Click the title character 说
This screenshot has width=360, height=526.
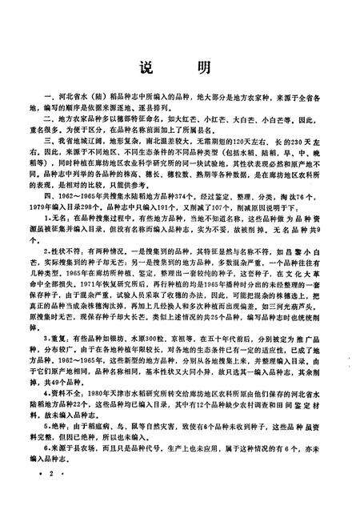pos(146,66)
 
